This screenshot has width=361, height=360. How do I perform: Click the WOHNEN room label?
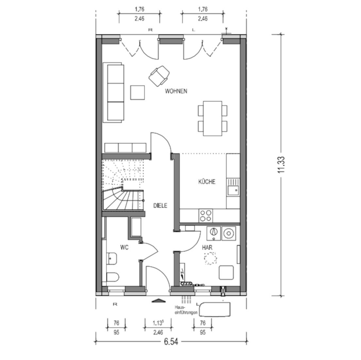pyautogui.click(x=176, y=91)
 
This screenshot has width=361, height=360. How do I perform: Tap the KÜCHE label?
pyautogui.click(x=207, y=182)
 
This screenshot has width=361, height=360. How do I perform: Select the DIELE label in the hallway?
pyautogui.click(x=160, y=206)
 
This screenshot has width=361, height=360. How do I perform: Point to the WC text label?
pyautogui.click(x=124, y=247)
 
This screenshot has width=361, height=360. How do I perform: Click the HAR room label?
pyautogui.click(x=207, y=248)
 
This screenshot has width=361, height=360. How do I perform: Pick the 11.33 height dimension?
pyautogui.click(x=281, y=165)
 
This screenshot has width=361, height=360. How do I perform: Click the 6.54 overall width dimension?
pyautogui.click(x=171, y=342)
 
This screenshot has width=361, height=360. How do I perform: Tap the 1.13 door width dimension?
pyautogui.click(x=158, y=323)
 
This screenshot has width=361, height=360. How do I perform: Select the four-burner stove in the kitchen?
pyautogui.click(x=206, y=216)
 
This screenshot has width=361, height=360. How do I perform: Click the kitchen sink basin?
pyautogui.click(x=233, y=190)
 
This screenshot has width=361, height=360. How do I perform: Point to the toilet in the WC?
pyautogui.click(x=113, y=277)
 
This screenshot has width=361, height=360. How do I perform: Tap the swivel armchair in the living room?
pyautogui.click(x=159, y=76)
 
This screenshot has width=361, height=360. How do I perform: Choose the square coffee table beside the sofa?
pyautogui.click(x=137, y=92)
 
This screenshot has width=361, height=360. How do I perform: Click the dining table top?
pyautogui.click(x=213, y=118)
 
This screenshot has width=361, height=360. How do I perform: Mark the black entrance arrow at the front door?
pyautogui.click(x=158, y=300)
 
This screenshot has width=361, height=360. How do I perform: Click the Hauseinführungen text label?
pyautogui.click(x=186, y=310)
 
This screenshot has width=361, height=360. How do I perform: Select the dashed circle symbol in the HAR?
pyautogui.click(x=210, y=258)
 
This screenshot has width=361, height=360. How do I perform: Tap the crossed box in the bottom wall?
pyautogui.click(x=223, y=291)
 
